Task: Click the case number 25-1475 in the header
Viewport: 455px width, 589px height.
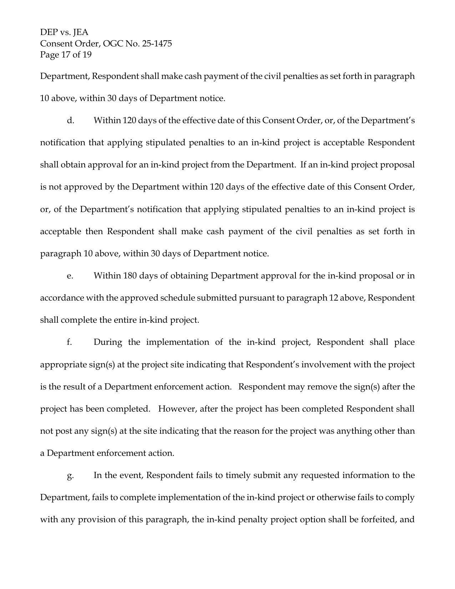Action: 157,44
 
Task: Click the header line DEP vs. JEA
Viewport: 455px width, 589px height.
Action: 64,32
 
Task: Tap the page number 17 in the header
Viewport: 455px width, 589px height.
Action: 67,55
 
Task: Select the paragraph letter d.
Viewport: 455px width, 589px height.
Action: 70,121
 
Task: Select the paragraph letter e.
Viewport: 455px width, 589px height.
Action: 70,276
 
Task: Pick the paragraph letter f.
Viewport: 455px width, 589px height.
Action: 69,342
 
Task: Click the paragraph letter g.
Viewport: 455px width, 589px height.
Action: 70,475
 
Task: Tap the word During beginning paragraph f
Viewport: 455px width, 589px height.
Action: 108,342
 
